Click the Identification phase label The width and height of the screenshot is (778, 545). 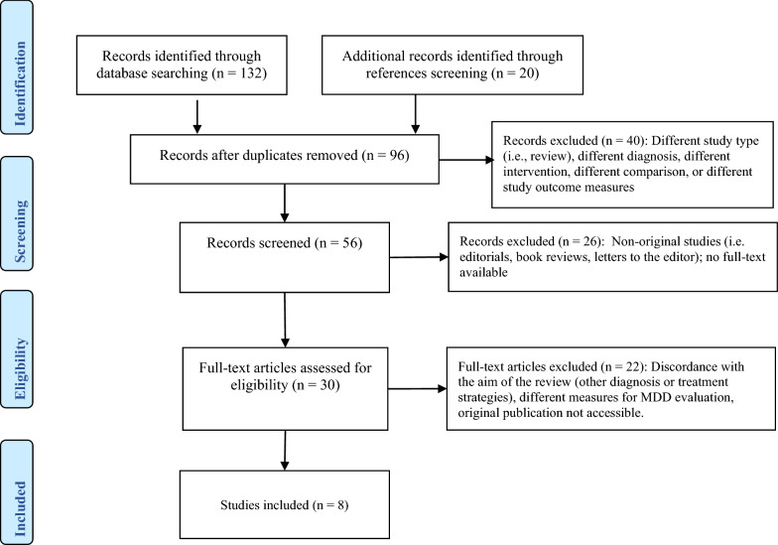[x=20, y=83]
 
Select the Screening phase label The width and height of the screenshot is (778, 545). [x=20, y=230]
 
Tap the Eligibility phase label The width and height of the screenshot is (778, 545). [x=20, y=369]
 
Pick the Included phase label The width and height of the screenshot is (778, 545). [x=20, y=508]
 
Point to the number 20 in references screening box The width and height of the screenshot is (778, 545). [x=526, y=73]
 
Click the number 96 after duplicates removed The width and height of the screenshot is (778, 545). [x=397, y=155]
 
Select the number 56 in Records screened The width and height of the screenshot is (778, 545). [x=349, y=242]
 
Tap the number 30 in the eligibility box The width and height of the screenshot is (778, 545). [x=327, y=385]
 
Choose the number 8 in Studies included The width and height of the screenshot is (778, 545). [x=340, y=504]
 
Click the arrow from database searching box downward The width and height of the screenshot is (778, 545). [x=197, y=117]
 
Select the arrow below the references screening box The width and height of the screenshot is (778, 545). [x=416, y=114]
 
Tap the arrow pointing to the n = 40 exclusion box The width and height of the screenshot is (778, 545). [x=466, y=160]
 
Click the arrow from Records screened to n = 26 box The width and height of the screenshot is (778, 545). [x=419, y=257]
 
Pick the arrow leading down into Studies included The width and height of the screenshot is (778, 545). [x=285, y=450]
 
